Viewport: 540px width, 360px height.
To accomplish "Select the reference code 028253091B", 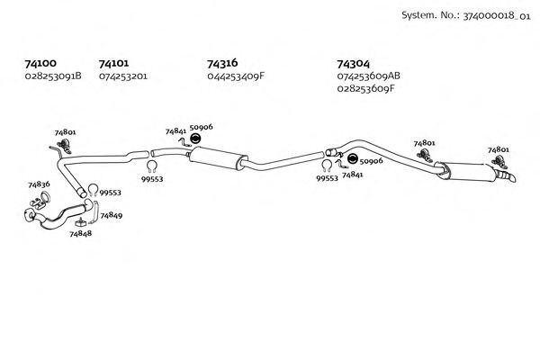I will pos(53,76).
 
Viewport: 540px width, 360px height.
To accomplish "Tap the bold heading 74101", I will pos(113,64).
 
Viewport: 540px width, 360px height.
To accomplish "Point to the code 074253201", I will pos(123,76).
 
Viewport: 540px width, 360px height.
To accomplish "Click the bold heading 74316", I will pos(222,64).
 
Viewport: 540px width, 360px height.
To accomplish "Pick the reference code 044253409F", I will pos(236,76).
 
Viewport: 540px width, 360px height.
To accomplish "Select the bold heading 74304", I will pos(352,64).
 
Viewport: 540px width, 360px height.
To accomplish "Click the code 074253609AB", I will pos(369,76).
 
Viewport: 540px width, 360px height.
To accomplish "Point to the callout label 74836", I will pos(39,184).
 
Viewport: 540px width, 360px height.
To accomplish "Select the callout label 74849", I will pos(112,215).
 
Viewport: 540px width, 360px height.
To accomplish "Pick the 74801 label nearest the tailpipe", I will pos(498,149).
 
